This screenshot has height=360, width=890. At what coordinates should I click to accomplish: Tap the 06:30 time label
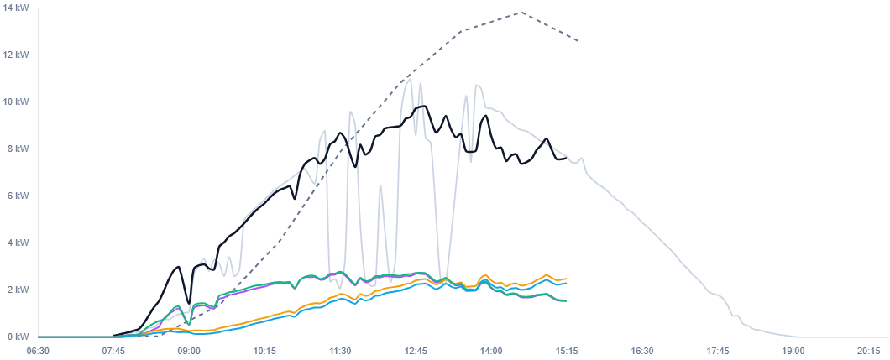pyautogui.click(x=38, y=352)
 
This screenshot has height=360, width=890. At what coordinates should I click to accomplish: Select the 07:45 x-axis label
pyautogui.click(x=113, y=352)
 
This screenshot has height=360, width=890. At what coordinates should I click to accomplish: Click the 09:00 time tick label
pyautogui.click(x=189, y=352)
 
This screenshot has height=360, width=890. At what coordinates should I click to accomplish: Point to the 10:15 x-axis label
pyautogui.click(x=264, y=352)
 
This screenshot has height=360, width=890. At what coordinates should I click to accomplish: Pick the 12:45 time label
pyautogui.click(x=416, y=352)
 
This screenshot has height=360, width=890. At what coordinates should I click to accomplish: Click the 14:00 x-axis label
pyautogui.click(x=491, y=352)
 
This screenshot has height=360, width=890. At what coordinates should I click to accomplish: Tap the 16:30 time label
pyautogui.click(x=642, y=352)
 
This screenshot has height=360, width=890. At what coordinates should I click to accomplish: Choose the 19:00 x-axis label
pyautogui.click(x=793, y=352)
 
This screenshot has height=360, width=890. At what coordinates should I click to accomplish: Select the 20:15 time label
pyautogui.click(x=868, y=352)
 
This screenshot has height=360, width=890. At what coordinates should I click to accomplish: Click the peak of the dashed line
pyautogui.click(x=521, y=12)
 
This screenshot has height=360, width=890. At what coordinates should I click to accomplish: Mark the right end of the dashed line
pyautogui.click(x=579, y=42)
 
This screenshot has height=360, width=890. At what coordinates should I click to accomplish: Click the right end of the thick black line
pyautogui.click(x=566, y=158)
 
